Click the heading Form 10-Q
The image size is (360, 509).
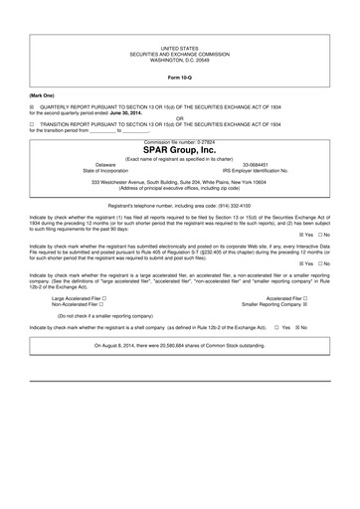pos(180,77)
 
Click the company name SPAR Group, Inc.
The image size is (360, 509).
pos(180,150)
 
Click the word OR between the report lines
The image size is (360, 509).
pos(180,119)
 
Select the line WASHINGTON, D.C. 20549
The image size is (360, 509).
pos(180,59)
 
